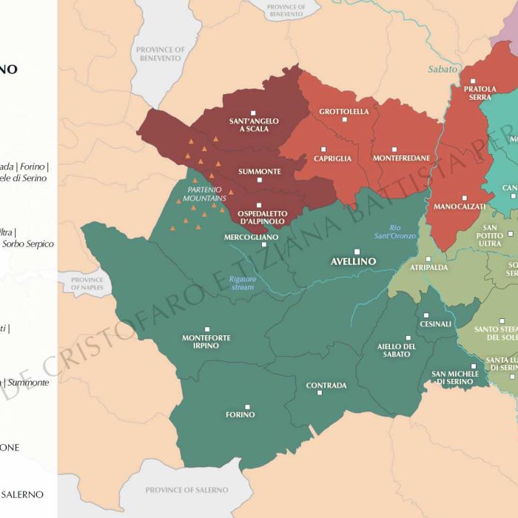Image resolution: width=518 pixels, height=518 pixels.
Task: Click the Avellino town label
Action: click(x=353, y=261)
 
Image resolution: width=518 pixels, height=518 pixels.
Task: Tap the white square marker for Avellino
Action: click(x=357, y=252)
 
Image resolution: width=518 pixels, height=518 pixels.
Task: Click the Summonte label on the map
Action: click(x=259, y=171)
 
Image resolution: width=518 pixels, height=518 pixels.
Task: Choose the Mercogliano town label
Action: click(x=252, y=237)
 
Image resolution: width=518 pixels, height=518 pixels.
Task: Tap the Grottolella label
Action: click(x=344, y=112)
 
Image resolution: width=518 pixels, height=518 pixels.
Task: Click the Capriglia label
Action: click(x=332, y=158)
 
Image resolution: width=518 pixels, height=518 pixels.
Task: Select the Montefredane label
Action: click(x=394, y=158)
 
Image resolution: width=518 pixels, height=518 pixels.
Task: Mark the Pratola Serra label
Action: click(x=480, y=92)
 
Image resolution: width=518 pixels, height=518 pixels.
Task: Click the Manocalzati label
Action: click(x=460, y=206)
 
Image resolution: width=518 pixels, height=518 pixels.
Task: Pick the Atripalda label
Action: click(x=429, y=267)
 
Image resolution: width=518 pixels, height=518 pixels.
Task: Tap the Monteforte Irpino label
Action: click(x=206, y=341)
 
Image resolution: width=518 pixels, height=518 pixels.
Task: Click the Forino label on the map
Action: click(x=240, y=414)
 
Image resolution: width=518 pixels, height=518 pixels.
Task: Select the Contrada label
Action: click(x=326, y=386)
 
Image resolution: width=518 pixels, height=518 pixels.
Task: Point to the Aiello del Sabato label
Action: click(x=397, y=350)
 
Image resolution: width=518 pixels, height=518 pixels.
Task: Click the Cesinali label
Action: click(x=435, y=323)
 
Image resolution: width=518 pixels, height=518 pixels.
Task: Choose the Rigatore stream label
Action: click(x=243, y=283)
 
